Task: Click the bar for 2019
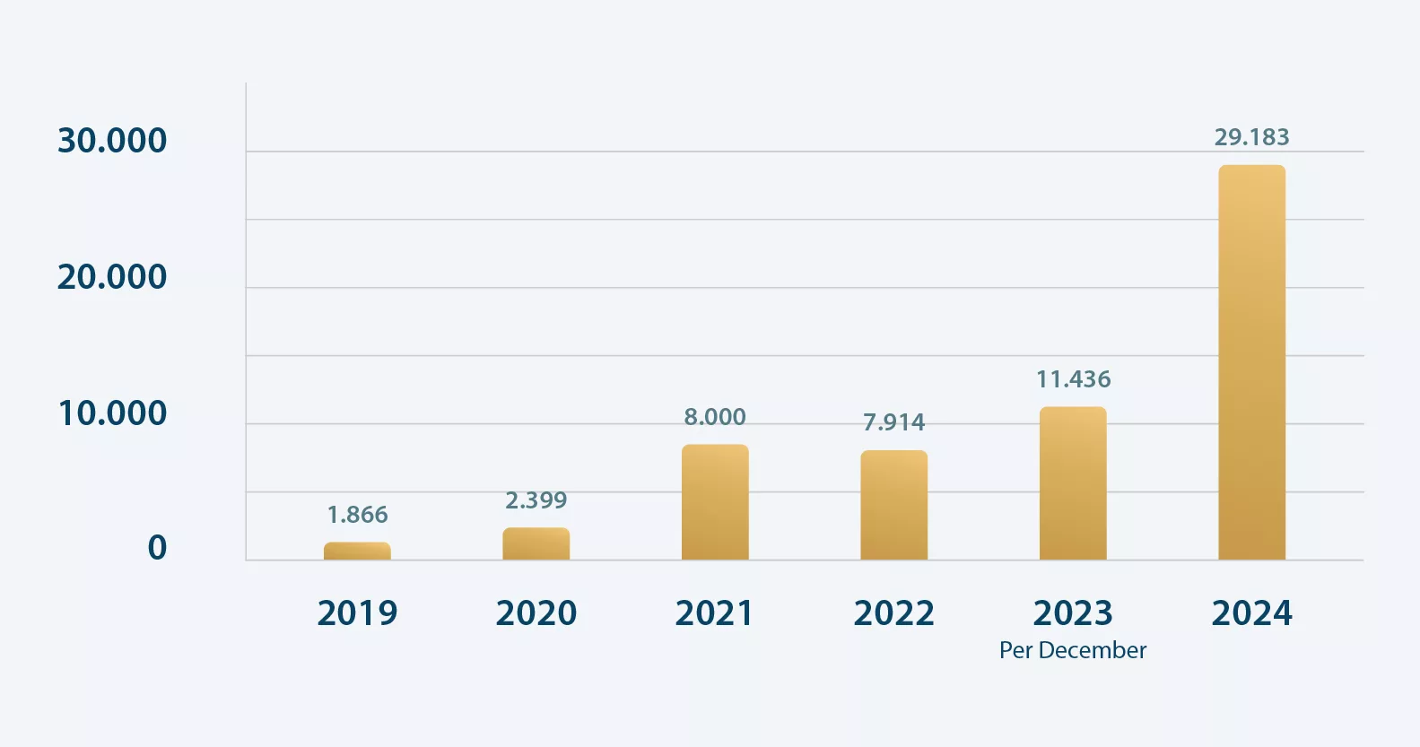click(357, 552)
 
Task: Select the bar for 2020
click(536, 544)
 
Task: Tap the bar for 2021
click(715, 502)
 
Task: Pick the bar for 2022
click(893, 505)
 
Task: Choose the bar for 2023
click(1073, 483)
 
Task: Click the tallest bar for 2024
click(1251, 362)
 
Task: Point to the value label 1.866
click(357, 515)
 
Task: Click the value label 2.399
click(536, 500)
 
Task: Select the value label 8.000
click(715, 417)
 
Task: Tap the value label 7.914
click(893, 422)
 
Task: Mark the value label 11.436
click(1073, 379)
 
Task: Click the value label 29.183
click(1251, 137)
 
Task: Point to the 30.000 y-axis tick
click(112, 141)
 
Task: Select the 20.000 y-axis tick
click(112, 277)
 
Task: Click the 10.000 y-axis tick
click(112, 413)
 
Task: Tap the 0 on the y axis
click(157, 548)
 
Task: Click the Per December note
click(1073, 650)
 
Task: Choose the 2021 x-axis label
click(715, 613)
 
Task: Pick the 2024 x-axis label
click(1251, 613)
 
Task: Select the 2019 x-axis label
click(357, 613)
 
